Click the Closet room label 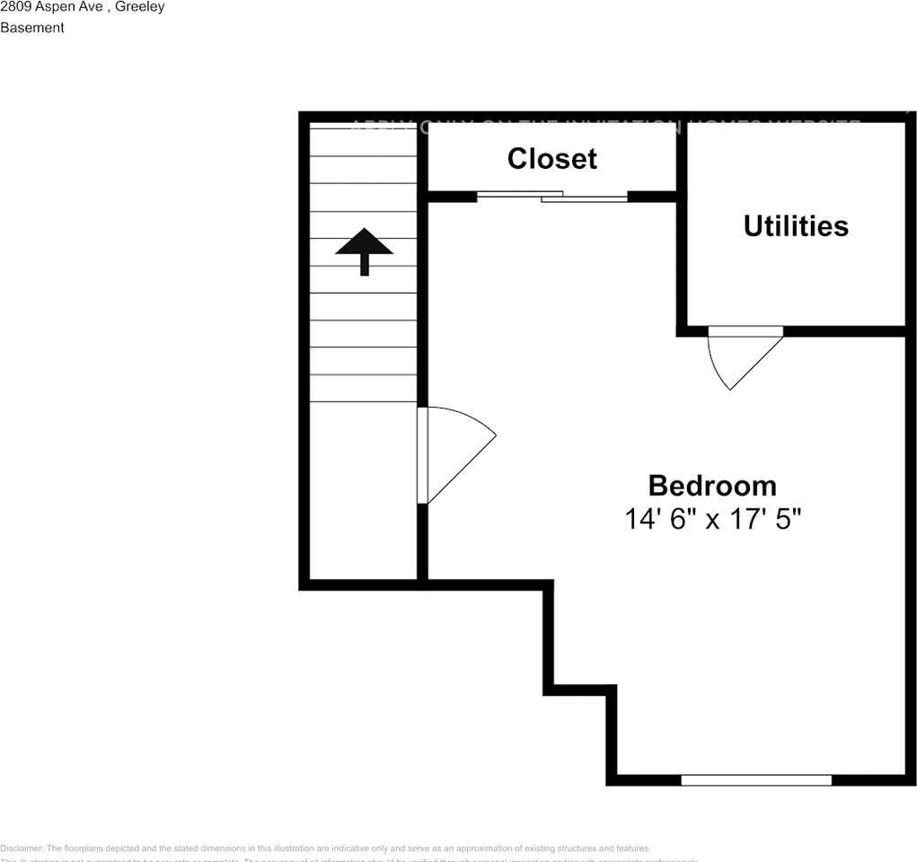click(551, 159)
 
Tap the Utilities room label click(796, 226)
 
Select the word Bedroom click(712, 486)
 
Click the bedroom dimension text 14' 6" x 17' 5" click(712, 519)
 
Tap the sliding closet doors click(551, 195)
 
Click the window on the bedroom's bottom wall click(756, 779)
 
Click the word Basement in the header click(32, 28)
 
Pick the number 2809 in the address click(15, 7)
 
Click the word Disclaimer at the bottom click(21, 849)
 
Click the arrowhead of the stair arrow click(364, 242)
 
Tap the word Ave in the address click(94, 7)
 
